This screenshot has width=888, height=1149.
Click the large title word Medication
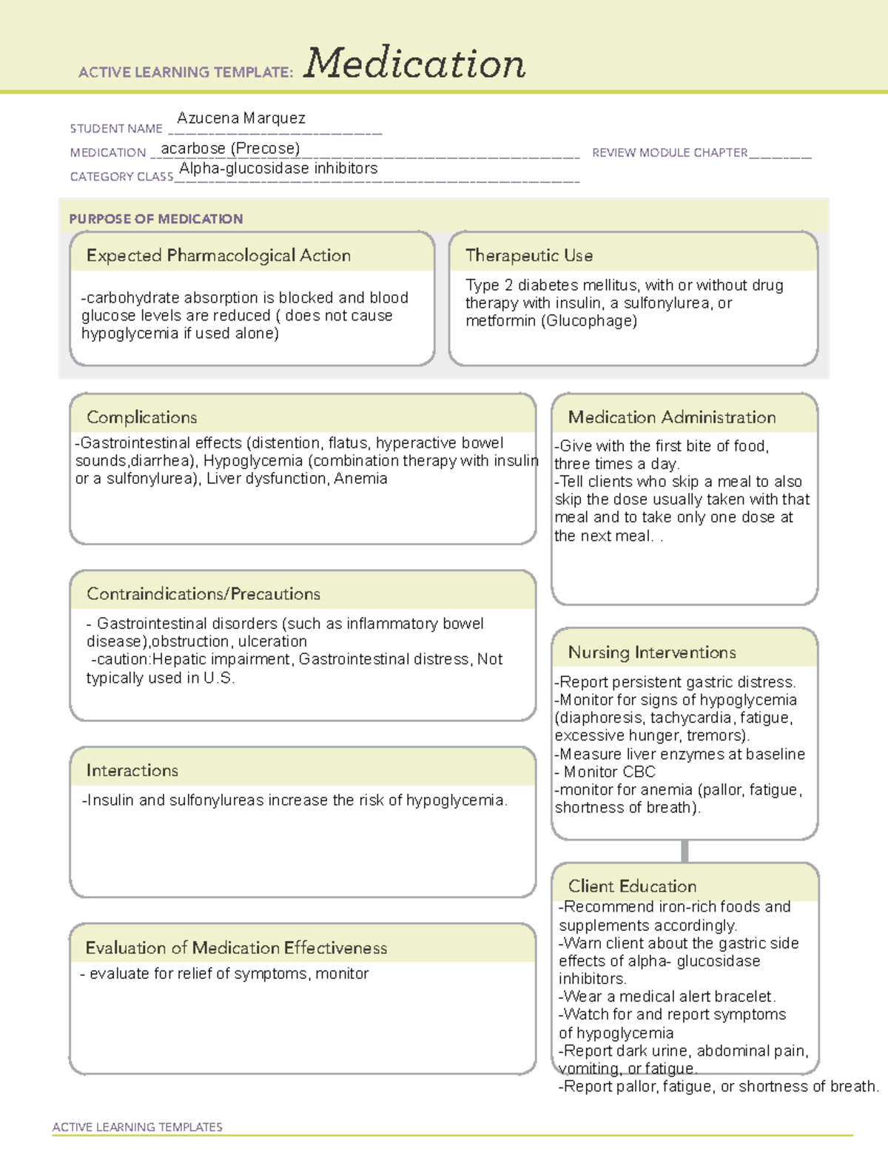(x=414, y=64)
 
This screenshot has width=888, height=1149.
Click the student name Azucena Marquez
(x=241, y=118)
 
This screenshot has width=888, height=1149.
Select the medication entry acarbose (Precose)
(x=230, y=149)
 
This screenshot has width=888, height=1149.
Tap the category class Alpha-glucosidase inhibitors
(x=278, y=169)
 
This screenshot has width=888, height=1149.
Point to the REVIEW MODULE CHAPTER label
(x=669, y=153)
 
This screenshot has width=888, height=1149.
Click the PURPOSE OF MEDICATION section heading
(x=155, y=219)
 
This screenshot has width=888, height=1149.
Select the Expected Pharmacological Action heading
(x=218, y=256)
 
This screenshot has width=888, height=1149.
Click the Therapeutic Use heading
(x=528, y=256)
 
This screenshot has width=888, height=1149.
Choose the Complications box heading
(x=141, y=417)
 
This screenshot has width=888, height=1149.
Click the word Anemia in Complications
(x=360, y=479)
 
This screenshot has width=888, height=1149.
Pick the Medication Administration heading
(x=671, y=417)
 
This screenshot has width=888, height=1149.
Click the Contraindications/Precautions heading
(x=203, y=594)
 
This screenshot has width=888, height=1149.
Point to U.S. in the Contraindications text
(x=219, y=678)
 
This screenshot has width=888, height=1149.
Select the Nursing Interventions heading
(x=651, y=653)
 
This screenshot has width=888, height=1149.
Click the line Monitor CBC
(x=608, y=772)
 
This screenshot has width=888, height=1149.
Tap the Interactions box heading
(x=132, y=771)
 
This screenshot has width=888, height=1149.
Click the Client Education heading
(x=632, y=886)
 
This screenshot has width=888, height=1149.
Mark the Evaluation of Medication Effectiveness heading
(x=236, y=948)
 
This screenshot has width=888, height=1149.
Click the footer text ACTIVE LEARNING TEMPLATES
(x=137, y=1127)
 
